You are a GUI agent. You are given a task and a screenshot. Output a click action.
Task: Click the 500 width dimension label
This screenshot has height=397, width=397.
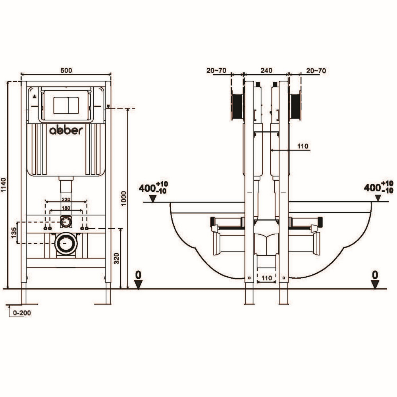coord(66,70)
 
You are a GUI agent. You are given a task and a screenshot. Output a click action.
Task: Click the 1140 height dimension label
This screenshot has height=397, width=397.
coord(4,184)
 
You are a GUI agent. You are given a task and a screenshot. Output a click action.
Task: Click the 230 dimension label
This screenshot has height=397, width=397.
coord(66,199)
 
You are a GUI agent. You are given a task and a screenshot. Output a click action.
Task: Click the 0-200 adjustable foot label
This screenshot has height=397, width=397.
coord(22,313)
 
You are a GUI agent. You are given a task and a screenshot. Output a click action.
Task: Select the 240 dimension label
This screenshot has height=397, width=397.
coord(266,71)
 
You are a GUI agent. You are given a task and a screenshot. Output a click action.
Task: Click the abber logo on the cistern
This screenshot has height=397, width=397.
coord(66,131)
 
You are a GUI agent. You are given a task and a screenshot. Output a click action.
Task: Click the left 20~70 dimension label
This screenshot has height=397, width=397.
coord(216,71)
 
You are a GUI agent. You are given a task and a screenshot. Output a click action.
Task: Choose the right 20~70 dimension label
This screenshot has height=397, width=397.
coord(316,71)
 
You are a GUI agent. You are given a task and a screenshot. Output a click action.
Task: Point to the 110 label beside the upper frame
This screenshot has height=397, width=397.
coord(303,146)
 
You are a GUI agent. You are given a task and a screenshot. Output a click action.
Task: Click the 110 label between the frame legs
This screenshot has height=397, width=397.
coord(266,278)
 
